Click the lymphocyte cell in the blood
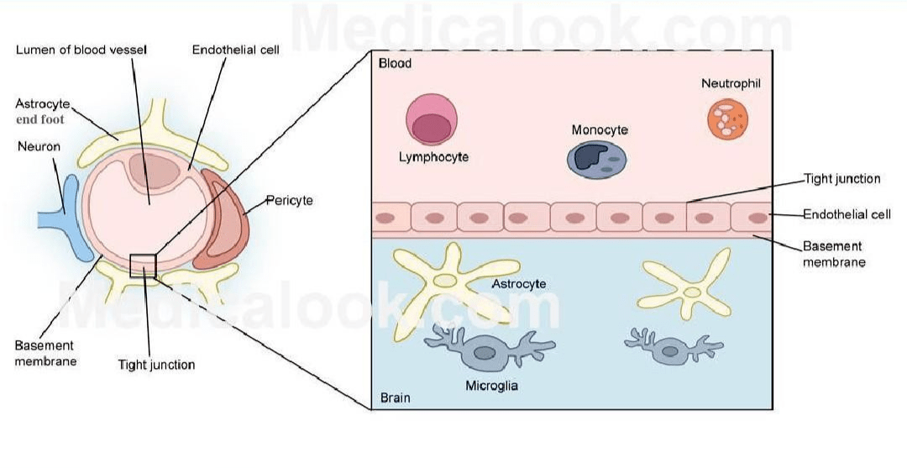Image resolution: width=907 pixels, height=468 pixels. [432, 120]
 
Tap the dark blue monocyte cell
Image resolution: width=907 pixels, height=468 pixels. [598, 159]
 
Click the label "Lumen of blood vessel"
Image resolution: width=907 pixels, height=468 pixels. [81, 50]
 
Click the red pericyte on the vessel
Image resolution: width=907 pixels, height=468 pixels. [222, 218]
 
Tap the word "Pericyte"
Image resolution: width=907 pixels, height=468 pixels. [289, 201]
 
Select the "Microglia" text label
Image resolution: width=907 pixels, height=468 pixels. [491, 386]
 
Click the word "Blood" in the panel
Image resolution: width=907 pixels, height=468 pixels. [395, 63]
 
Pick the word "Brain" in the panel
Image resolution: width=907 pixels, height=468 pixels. [395, 398]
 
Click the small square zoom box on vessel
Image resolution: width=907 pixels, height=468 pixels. [143, 266]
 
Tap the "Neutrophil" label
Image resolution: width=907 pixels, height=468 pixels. [731, 83]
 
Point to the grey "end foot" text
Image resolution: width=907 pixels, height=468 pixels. [40, 120]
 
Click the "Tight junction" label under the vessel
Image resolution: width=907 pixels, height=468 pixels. [156, 365]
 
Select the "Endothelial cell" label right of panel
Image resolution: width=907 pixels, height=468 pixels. [847, 214]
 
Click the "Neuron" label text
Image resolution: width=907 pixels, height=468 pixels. [39, 146]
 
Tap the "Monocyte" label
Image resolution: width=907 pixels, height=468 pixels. [600, 129]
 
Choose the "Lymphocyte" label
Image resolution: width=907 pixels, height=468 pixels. [434, 157]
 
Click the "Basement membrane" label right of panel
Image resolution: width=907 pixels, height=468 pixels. [834, 254]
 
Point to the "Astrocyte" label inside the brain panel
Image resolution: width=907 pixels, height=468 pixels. [519, 283]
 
